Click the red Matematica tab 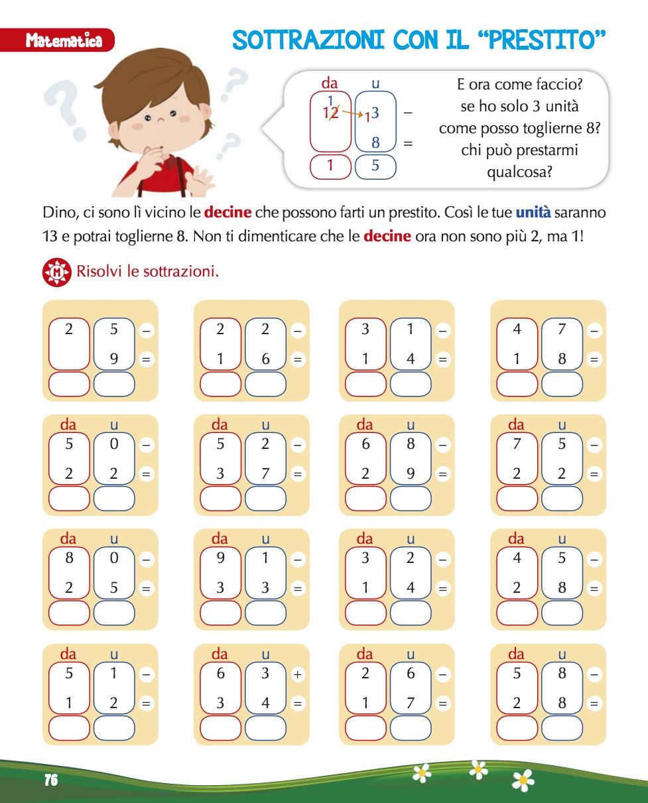tap(57, 40)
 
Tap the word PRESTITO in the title tap(541, 40)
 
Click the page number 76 tap(51, 780)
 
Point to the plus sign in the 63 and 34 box tap(298, 674)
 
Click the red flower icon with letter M tap(57, 273)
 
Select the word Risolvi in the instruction tap(99, 271)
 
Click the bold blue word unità tap(533, 212)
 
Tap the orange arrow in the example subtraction tap(353, 113)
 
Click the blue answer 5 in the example tap(375, 165)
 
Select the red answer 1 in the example tap(330, 165)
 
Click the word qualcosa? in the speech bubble tap(519, 172)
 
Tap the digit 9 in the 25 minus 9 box tap(114, 359)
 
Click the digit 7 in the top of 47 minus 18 tap(562, 329)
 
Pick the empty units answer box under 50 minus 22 tap(114, 499)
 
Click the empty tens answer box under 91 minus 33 tap(221, 613)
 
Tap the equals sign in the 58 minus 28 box tap(594, 704)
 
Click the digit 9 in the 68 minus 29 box tap(411, 473)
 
